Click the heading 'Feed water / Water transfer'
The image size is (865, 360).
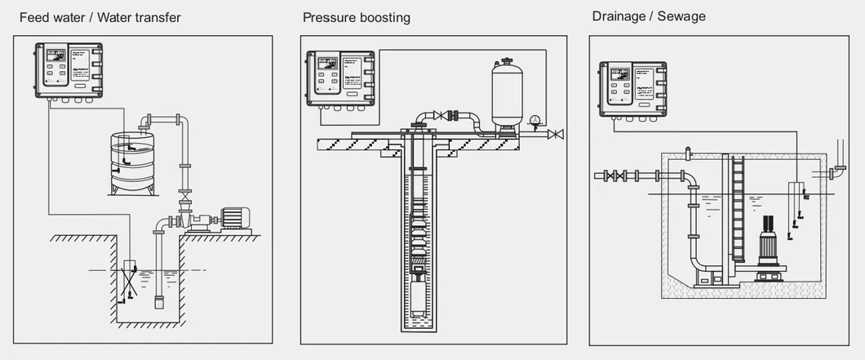pyautogui.click(x=100, y=16)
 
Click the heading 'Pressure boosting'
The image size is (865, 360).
pyautogui.click(x=356, y=16)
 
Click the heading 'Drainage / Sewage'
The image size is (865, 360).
pyautogui.click(x=649, y=16)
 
